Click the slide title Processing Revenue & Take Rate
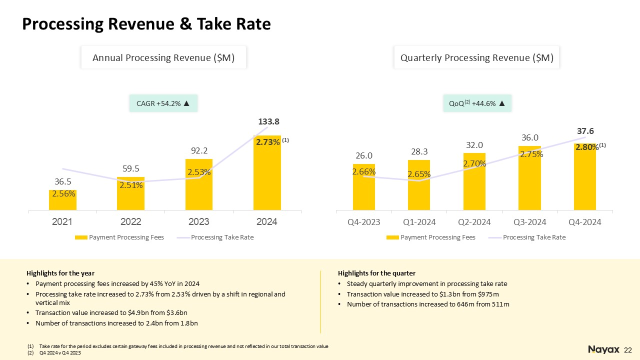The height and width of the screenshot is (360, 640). (x=146, y=24)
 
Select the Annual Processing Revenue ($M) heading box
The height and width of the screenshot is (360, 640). (x=163, y=58)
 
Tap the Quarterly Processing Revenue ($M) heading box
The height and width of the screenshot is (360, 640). (x=477, y=58)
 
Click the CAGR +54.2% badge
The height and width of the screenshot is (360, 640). (x=163, y=103)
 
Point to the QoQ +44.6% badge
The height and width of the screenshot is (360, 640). (x=477, y=103)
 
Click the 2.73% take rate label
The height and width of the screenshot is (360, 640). (x=268, y=142)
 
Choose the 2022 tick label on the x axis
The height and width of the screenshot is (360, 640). (x=131, y=221)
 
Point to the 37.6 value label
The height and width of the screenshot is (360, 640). (x=585, y=131)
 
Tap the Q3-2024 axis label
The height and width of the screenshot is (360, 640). (x=529, y=222)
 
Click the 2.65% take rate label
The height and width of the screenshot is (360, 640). (x=419, y=174)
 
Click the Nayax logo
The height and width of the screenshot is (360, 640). (x=604, y=349)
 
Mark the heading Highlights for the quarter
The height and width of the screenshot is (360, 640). (x=376, y=273)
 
